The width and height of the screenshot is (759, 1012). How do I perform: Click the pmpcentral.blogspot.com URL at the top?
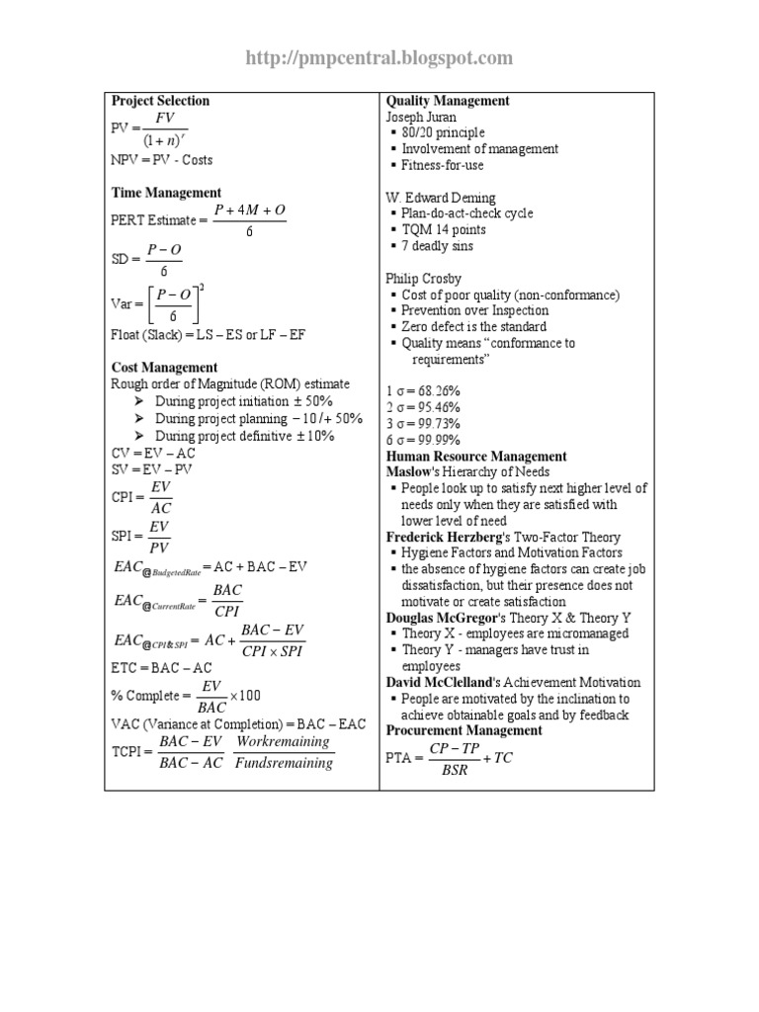click(x=379, y=59)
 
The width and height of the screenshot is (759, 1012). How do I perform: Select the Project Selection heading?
click(x=160, y=101)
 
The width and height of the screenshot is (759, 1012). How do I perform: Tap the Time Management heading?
click(x=166, y=193)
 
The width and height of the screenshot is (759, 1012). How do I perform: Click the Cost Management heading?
click(x=166, y=367)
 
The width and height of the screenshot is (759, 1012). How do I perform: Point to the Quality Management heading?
click(x=448, y=101)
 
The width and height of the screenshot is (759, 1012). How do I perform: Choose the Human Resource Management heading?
click(x=476, y=457)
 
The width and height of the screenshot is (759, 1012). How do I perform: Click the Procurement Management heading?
click(x=464, y=730)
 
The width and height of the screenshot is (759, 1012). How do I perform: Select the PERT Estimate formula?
click(x=198, y=219)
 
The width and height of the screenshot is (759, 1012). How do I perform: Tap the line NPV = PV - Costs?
click(x=162, y=160)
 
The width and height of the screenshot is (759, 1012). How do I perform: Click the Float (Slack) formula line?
click(x=209, y=335)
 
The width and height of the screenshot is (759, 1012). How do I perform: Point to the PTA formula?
click(x=449, y=759)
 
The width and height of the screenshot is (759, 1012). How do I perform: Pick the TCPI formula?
click(x=222, y=751)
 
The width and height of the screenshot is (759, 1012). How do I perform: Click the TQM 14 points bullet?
click(x=444, y=229)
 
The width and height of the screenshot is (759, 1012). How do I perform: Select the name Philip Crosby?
click(x=423, y=279)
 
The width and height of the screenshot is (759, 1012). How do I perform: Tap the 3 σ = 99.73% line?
click(x=423, y=423)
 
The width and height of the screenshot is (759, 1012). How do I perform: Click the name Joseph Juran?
click(x=421, y=117)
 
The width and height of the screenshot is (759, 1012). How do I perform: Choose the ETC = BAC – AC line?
click(x=160, y=668)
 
